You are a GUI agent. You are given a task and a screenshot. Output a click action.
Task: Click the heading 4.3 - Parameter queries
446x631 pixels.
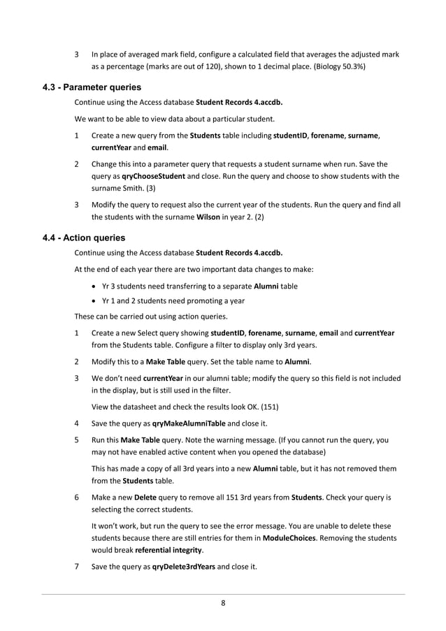[x=92, y=87]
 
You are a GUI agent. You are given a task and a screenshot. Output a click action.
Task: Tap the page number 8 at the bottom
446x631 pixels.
[x=223, y=604]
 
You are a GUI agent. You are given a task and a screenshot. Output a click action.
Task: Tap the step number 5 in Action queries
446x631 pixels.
[x=77, y=440]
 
